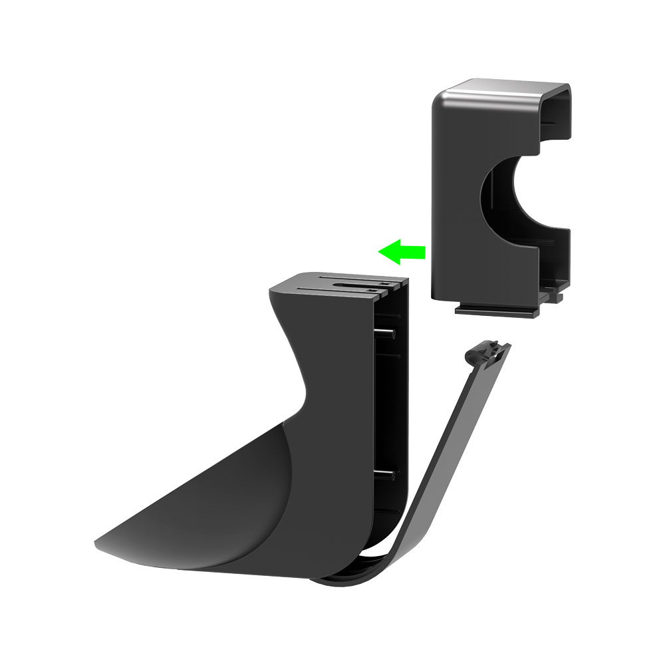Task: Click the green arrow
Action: [x=402, y=251]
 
